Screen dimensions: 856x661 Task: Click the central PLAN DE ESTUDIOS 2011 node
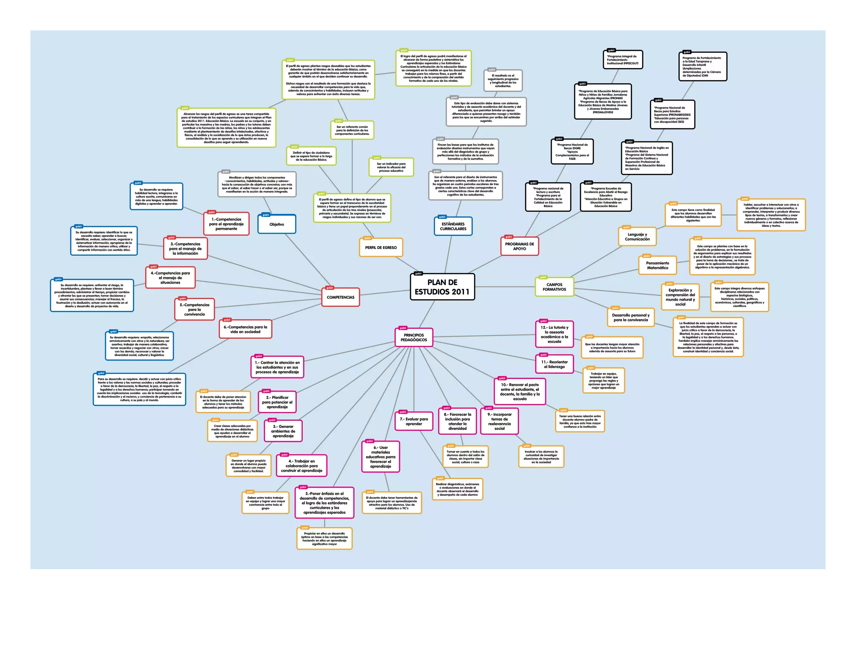(442, 287)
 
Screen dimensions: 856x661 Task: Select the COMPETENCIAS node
(340, 297)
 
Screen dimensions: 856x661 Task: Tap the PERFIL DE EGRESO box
(381, 247)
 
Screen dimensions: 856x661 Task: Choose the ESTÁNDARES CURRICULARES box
(453, 226)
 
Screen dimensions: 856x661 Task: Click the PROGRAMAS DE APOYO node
(519, 247)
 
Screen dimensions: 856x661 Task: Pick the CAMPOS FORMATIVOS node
(554, 287)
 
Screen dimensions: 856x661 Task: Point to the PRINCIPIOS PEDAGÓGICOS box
(414, 338)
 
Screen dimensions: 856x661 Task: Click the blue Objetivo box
(277, 224)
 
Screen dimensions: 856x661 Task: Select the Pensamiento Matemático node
(657, 266)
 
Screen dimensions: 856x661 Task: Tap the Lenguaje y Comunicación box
(637, 237)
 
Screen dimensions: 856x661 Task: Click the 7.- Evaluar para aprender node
(414, 422)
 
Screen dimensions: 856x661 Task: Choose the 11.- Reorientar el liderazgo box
(554, 364)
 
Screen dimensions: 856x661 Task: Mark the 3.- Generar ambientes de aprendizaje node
(283, 431)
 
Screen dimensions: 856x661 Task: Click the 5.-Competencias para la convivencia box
(194, 310)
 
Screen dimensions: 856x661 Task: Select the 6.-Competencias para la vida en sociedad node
(245, 330)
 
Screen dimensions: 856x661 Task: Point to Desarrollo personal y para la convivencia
(631, 318)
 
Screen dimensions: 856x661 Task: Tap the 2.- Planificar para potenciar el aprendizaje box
(277, 402)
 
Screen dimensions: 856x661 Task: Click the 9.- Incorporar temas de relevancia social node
(499, 422)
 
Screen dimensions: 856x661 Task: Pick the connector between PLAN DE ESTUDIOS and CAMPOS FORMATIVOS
(505, 287)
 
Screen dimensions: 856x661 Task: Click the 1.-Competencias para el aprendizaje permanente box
(226, 224)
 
